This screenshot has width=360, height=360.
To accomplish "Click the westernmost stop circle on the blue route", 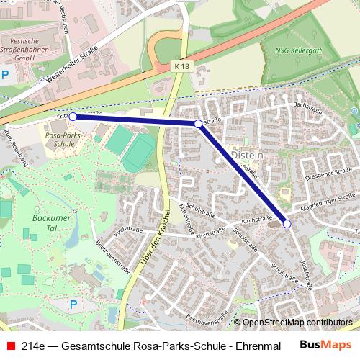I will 73,116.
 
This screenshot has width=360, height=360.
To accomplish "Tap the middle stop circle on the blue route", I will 198,124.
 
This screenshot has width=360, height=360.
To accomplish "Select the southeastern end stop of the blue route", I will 287,224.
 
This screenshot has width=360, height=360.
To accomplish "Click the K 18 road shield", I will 182,66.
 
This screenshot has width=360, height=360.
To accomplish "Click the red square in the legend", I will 10,346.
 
